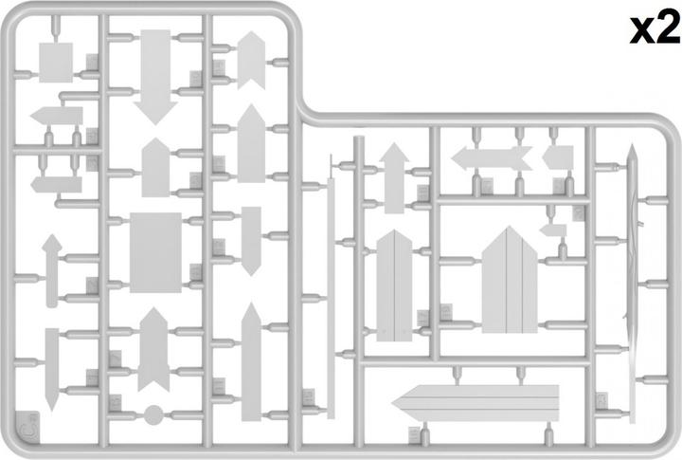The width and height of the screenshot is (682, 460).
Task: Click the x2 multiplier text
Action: pos(655,28)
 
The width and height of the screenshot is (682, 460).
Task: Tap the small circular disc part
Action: pos(153,414)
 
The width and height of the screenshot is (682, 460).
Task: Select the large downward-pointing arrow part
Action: pos(155,77)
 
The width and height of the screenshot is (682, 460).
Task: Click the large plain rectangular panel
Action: pos(155,252)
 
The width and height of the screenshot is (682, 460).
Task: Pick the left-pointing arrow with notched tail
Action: pos(492,157)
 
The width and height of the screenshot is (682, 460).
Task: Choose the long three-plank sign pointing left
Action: pos(476,403)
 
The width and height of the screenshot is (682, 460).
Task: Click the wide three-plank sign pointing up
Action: pos(510,280)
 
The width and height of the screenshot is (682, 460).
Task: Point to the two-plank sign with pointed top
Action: pos(394,285)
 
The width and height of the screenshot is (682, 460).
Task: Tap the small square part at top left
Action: pos(56,63)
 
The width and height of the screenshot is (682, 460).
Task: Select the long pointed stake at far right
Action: pos(633,284)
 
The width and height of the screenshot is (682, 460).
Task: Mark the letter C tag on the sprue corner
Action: pos(29,428)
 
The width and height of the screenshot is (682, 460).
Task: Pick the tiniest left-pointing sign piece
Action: pos(553,230)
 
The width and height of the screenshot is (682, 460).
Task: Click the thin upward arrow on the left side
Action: pos(52,270)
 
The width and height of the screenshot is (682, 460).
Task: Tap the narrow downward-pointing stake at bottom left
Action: pos(52,369)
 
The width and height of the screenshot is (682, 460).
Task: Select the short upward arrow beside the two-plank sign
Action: pos(394,177)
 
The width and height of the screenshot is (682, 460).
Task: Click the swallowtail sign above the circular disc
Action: pos(153,349)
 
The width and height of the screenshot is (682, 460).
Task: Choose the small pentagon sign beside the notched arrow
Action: pos(558,157)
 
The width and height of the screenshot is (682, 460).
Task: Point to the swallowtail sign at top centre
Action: pos(251,60)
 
